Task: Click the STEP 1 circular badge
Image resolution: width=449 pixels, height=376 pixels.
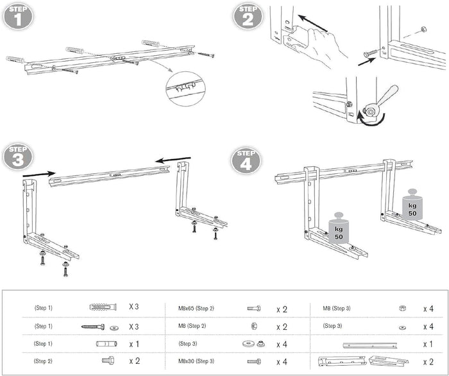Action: click(17, 15)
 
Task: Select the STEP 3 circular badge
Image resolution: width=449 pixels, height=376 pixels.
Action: click(18, 157)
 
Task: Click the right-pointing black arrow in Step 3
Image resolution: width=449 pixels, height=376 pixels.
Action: click(38, 173)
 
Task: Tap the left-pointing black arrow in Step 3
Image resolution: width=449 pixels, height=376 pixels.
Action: click(175, 158)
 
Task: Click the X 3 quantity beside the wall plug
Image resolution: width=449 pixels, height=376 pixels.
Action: click(134, 307)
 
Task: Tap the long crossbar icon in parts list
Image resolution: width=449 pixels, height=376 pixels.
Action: click(373, 345)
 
